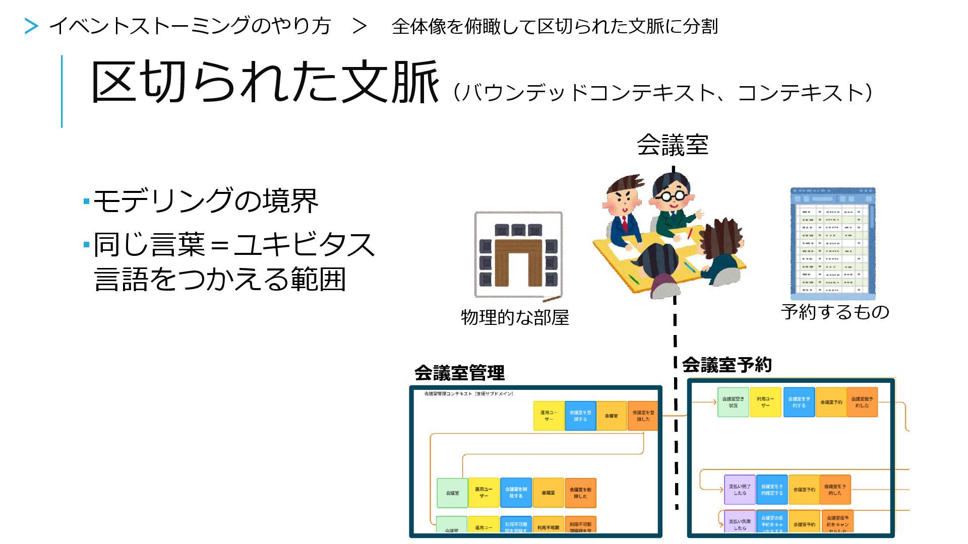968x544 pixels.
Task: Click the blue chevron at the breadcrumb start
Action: tap(31, 26)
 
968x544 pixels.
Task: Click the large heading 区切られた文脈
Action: tap(264, 82)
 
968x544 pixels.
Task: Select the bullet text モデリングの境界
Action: tap(206, 200)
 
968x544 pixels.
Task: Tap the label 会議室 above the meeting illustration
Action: tap(672, 145)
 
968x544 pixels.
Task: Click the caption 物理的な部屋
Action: tap(515, 317)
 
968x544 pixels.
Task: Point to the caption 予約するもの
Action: tap(835, 312)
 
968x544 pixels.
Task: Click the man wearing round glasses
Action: tap(672, 201)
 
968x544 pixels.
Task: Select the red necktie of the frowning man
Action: tap(625, 223)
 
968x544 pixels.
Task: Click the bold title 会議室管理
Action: tap(459, 373)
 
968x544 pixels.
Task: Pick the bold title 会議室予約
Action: tap(727, 365)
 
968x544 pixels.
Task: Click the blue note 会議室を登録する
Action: tap(580, 416)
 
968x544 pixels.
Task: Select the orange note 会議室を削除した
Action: tap(580, 493)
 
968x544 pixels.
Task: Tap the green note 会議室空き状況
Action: tap(733, 402)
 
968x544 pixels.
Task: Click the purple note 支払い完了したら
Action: tap(740, 490)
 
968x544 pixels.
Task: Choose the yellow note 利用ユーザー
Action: tap(765, 402)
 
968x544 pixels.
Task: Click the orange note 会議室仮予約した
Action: tap(862, 402)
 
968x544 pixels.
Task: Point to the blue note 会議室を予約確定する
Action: tap(772, 490)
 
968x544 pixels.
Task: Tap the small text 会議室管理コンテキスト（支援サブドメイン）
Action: tap(469, 394)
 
